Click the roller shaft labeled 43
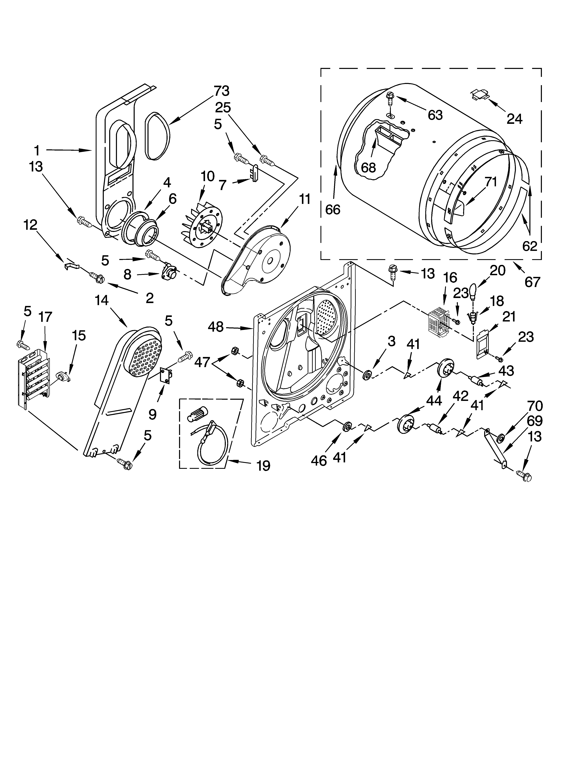[x=476, y=381]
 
